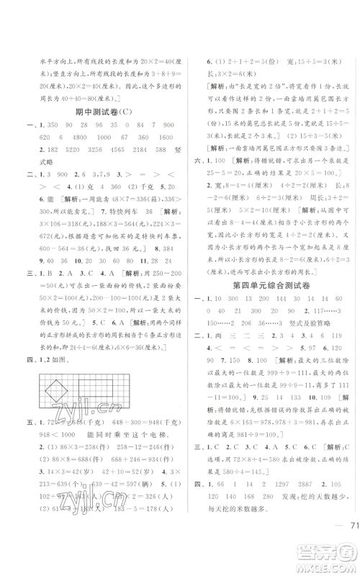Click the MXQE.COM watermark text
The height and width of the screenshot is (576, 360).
325,563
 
